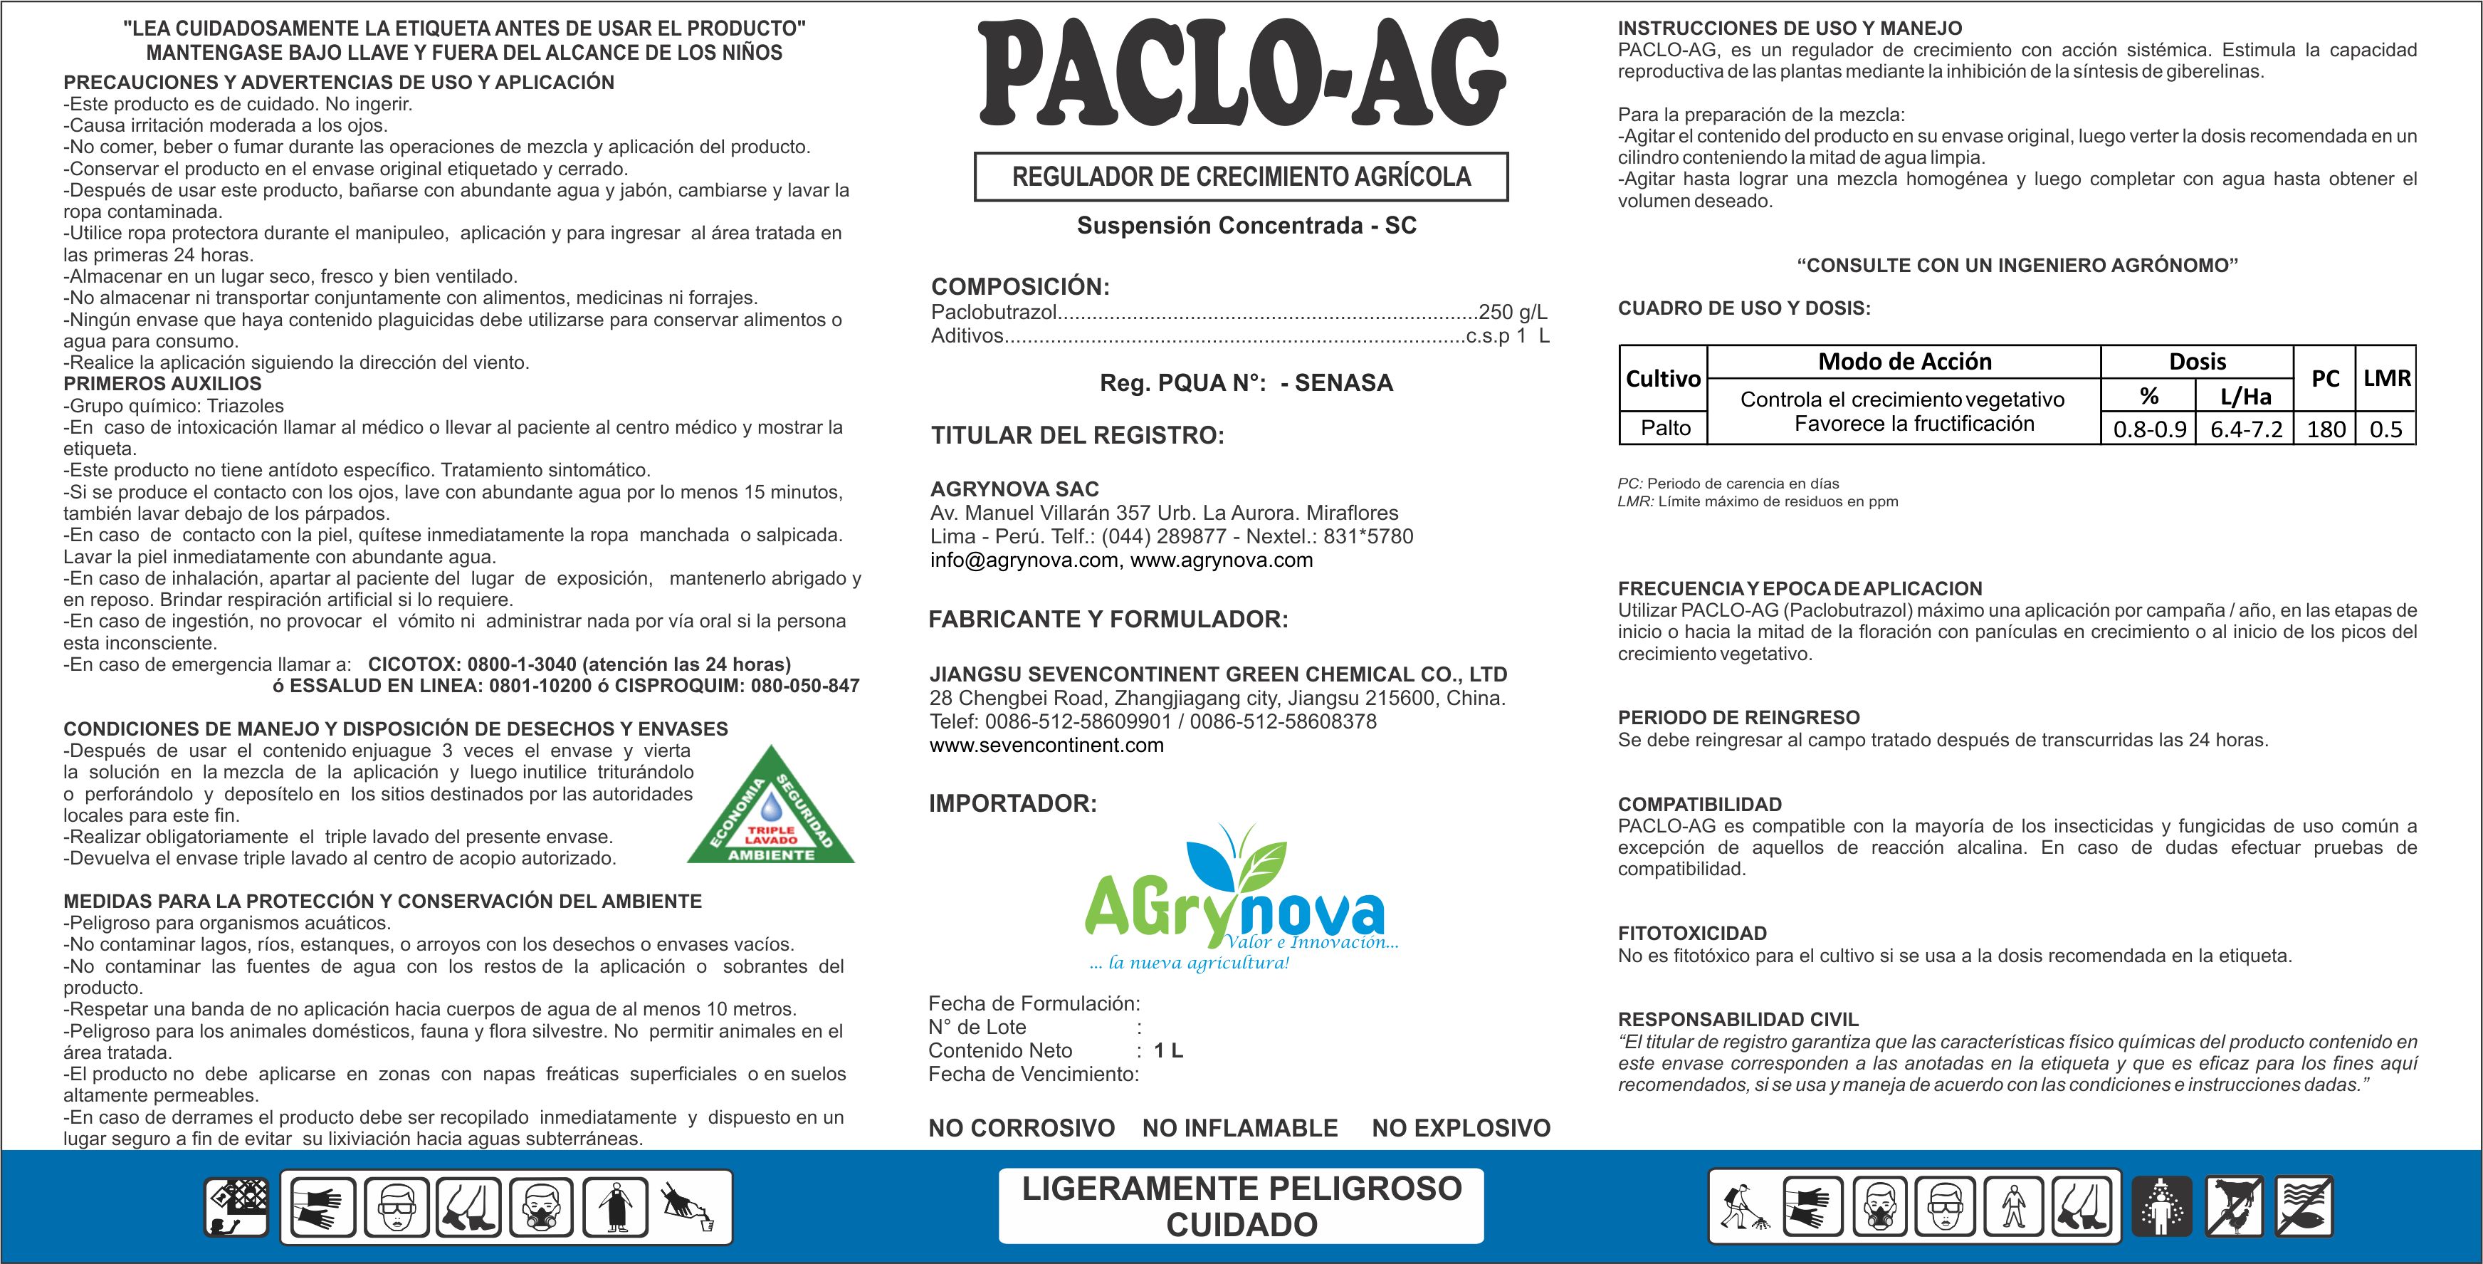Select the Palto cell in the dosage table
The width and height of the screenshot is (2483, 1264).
[1664, 428]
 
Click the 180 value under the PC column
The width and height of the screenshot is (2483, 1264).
[2325, 429]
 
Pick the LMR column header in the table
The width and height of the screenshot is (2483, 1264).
[2387, 378]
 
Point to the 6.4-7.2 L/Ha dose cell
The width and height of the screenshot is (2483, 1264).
[2246, 429]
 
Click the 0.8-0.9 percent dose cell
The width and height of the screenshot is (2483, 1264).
[2148, 429]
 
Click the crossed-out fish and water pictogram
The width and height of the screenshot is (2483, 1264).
[2304, 1206]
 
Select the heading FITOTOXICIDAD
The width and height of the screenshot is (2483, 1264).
[1691, 934]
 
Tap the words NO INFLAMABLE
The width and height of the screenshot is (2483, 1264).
[1239, 1127]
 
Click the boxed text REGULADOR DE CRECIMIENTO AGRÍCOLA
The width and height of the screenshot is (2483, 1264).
[1241, 177]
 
